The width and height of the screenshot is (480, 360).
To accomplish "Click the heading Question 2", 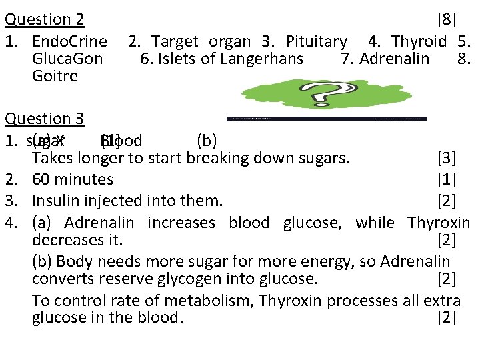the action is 44,20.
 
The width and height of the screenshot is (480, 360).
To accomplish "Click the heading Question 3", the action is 44,119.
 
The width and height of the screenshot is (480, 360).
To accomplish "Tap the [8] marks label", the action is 445,20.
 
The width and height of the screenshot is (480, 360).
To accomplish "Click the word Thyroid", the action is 419,41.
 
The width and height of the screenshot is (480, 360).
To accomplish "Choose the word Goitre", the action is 55,76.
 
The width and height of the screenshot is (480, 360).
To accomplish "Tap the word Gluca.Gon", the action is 67,59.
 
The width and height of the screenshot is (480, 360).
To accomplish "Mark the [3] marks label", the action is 445,159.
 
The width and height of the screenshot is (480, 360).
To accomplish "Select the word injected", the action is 109,201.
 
